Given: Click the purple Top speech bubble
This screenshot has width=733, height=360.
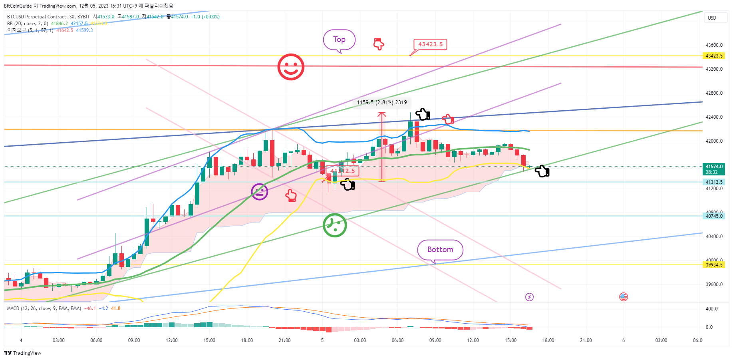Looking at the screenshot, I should coord(339,40).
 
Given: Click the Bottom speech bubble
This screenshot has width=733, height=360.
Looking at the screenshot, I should coord(440,250).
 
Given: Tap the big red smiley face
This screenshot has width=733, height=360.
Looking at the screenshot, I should coord(291,67).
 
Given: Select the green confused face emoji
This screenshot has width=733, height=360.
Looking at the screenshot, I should coord(335,225).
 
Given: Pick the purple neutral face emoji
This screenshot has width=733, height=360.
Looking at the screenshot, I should coord(260,192).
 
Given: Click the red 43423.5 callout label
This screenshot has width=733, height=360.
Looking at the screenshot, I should coord(430,44).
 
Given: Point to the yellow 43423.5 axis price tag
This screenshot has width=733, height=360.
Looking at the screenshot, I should coord(714,56).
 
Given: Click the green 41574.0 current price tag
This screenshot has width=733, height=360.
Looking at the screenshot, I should coord(714,169).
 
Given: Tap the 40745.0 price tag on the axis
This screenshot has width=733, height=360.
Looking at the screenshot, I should coord(714,216).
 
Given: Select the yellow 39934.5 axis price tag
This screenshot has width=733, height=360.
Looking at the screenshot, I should coord(714,265).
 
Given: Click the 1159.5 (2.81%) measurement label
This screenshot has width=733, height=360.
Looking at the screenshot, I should coord(382,103).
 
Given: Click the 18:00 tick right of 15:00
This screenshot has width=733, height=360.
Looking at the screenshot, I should coord(548,340).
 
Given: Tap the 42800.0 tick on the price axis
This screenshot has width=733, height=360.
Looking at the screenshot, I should coord(714,93).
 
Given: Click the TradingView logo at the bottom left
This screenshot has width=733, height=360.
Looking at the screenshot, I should coord(23,353).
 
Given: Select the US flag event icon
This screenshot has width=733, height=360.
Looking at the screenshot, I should coord(624,297).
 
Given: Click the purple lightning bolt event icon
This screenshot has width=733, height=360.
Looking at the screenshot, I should coord(529,297).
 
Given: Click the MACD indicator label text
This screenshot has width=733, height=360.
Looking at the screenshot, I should coord(44,308).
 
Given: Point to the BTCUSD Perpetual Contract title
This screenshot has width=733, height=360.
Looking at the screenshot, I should coord(48,17).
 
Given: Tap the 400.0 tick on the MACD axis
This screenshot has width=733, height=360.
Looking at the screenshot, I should coord(711,309).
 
